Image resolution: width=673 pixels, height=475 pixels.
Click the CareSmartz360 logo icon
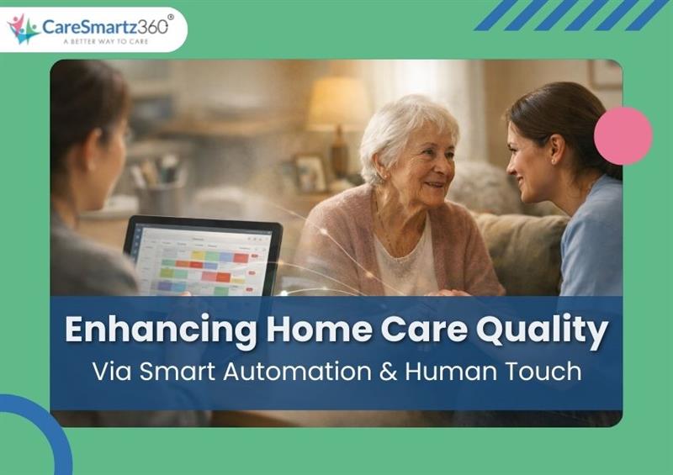tap(24, 29)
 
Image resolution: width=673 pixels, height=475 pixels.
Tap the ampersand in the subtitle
tap(387, 371)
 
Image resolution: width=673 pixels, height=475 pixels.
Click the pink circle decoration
tap(623, 136)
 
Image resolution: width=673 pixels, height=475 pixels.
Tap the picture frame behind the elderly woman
tap(310, 172)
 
